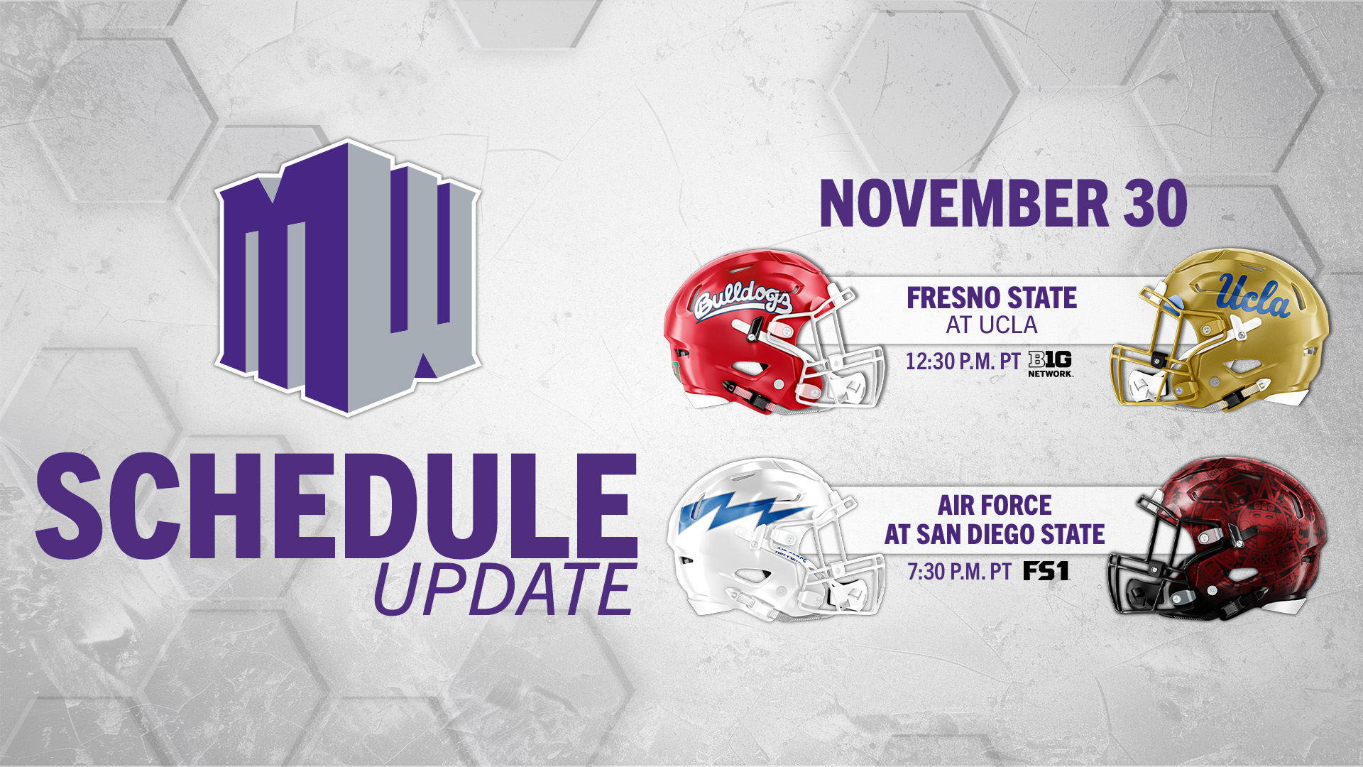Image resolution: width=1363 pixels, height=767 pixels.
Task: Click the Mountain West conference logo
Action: click(348, 277)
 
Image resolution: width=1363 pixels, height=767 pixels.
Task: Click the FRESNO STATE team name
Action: click(992, 298)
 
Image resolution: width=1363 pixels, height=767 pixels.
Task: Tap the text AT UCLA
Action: click(992, 325)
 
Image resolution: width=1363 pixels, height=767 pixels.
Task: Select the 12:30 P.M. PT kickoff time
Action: click(963, 361)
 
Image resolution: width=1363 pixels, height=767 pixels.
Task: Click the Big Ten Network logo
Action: click(1050, 364)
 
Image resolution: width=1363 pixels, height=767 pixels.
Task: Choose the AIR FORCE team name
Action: click(995, 506)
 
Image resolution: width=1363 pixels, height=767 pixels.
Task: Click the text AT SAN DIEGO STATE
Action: click(995, 534)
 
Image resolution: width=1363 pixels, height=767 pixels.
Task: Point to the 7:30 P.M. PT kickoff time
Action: click(959, 572)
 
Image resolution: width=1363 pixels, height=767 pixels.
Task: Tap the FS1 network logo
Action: click(1046, 571)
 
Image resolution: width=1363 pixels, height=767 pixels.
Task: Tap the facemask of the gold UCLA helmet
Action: click(1143, 369)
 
